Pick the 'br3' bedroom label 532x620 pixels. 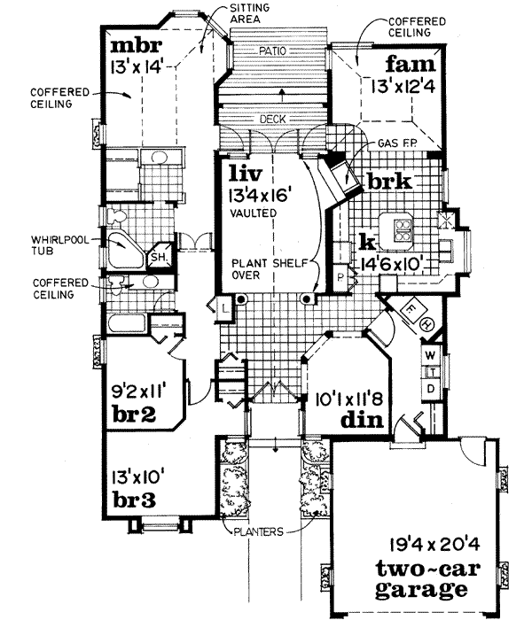tap(134, 500)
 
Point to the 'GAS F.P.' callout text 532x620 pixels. tap(393, 142)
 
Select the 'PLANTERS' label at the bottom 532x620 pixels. tap(259, 531)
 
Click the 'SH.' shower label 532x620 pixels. tap(160, 257)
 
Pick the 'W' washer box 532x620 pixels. tap(431, 355)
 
